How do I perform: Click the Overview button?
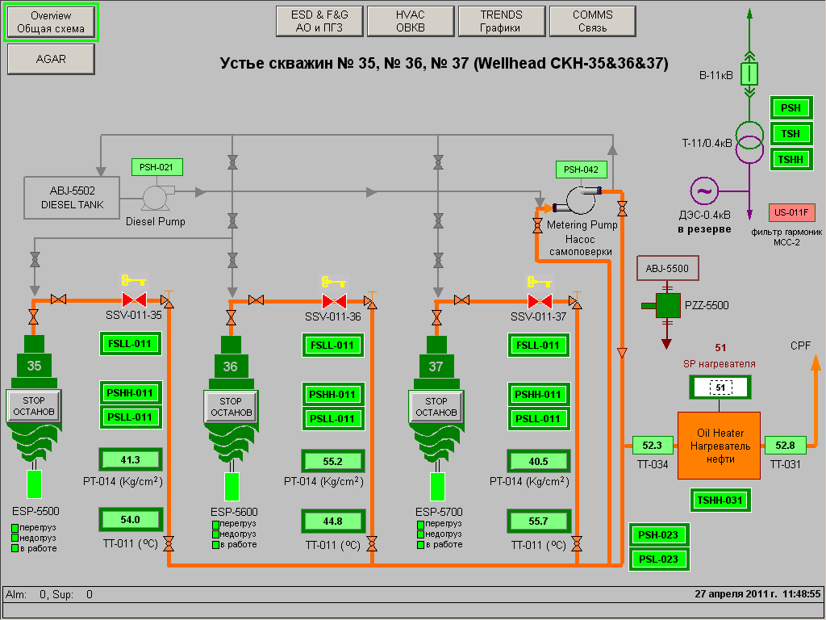pyautogui.click(x=50, y=22)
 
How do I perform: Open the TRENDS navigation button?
pyautogui.click(x=501, y=21)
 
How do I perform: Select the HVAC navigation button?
pyautogui.click(x=410, y=21)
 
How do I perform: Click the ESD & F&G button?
pyautogui.click(x=319, y=21)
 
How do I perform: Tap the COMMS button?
pyautogui.click(x=592, y=21)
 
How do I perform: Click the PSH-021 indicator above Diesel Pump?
pyautogui.click(x=156, y=168)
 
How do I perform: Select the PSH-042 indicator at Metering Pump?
pyautogui.click(x=581, y=170)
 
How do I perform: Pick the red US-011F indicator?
pyautogui.click(x=792, y=213)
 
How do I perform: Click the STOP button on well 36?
pyautogui.click(x=231, y=406)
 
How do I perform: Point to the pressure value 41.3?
pyautogui.click(x=130, y=460)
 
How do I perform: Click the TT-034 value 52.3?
pyautogui.click(x=653, y=445)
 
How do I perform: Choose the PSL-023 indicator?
pyautogui.click(x=658, y=559)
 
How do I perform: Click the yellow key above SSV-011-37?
pyautogui.click(x=539, y=282)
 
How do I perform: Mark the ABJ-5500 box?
pyautogui.click(x=667, y=269)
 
